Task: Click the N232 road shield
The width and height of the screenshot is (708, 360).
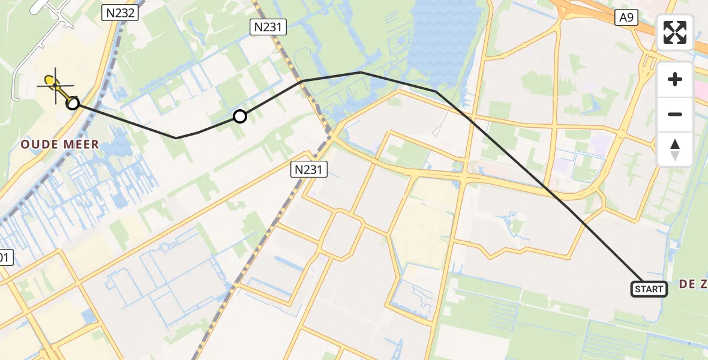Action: (120, 11)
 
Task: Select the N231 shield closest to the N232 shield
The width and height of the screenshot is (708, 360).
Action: (268, 26)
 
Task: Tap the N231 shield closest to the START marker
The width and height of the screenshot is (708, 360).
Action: (310, 170)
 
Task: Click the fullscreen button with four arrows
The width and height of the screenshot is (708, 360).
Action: (675, 32)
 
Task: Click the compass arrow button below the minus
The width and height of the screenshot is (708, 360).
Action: (675, 149)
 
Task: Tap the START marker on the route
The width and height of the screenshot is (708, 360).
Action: (649, 289)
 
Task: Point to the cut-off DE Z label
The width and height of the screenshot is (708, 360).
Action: (694, 284)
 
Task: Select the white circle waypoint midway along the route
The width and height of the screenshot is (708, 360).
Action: (239, 116)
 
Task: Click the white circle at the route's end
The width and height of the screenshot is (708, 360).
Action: (73, 103)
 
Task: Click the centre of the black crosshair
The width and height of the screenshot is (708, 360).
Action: (56, 85)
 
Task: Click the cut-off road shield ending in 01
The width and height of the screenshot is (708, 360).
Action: (4, 257)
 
